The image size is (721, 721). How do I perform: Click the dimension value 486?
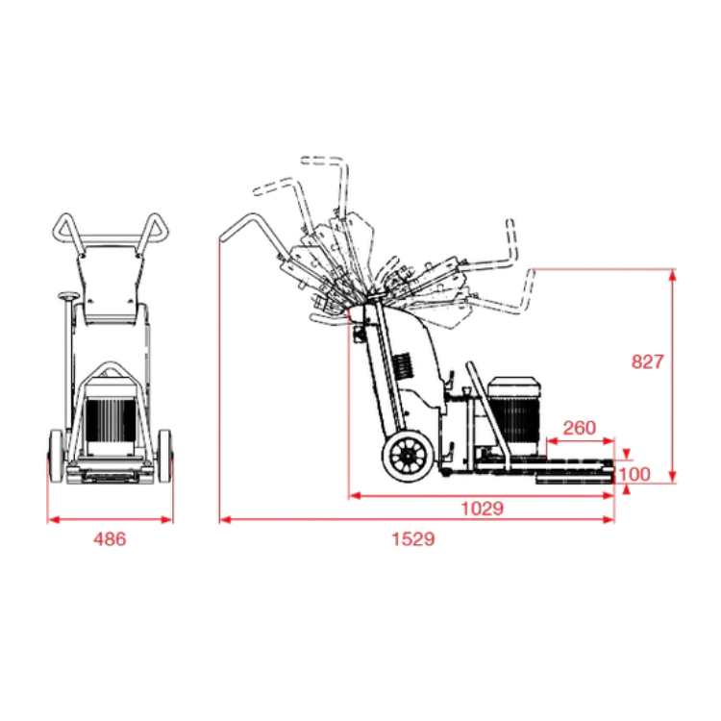[110, 538]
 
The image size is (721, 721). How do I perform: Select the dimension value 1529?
[413, 538]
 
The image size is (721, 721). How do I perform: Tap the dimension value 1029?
[482, 509]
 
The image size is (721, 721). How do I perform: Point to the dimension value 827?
[647, 361]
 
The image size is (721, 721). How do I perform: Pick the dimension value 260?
[580, 428]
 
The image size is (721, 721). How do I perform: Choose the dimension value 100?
[634, 474]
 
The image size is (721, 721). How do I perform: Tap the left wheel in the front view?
[56, 457]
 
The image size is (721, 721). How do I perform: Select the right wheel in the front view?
[164, 457]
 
